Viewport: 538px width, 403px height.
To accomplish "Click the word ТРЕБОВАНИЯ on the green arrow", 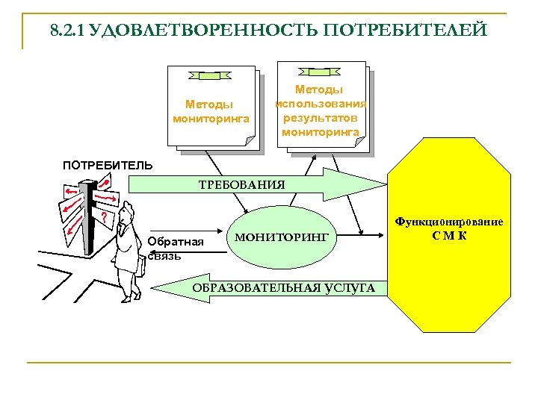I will (241, 184).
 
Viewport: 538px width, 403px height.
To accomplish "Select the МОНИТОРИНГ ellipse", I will (281, 237).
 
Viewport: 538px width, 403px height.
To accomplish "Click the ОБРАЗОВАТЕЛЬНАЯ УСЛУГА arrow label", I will (284, 288).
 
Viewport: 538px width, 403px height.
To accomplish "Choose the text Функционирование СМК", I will (449, 229).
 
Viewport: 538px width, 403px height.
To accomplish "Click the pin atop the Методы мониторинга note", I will (214, 75).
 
